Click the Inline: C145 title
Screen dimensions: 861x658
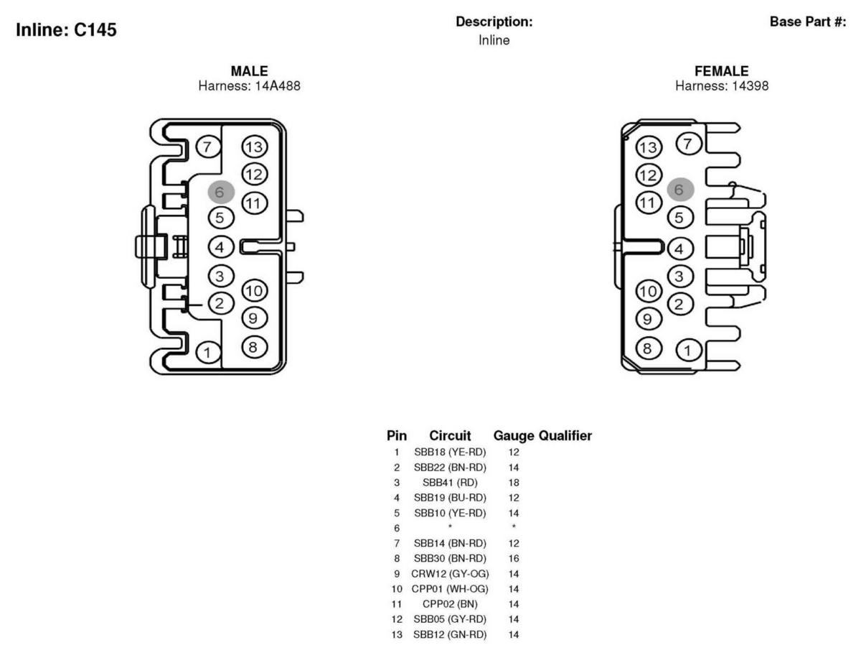click(66, 30)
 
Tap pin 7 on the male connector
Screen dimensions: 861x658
click(207, 147)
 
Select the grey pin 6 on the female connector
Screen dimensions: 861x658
click(680, 190)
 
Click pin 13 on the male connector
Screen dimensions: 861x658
click(254, 147)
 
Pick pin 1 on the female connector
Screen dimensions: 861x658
click(688, 351)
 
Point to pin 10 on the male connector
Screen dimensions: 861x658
click(254, 291)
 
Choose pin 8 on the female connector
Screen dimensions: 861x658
click(648, 348)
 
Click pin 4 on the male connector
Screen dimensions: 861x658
click(220, 247)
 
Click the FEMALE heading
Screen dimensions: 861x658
click(721, 71)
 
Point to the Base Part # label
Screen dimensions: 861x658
click(807, 22)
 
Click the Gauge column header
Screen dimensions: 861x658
click(513, 435)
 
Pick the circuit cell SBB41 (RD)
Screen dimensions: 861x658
click(450, 482)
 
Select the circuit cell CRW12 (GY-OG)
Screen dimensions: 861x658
click(450, 573)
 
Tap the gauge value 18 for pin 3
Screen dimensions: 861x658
click(514, 482)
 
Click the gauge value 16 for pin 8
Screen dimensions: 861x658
click(514, 558)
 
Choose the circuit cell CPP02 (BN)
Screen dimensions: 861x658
click(450, 604)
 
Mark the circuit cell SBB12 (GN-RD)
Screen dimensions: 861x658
click(450, 634)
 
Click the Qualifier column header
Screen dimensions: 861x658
click(565, 435)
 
